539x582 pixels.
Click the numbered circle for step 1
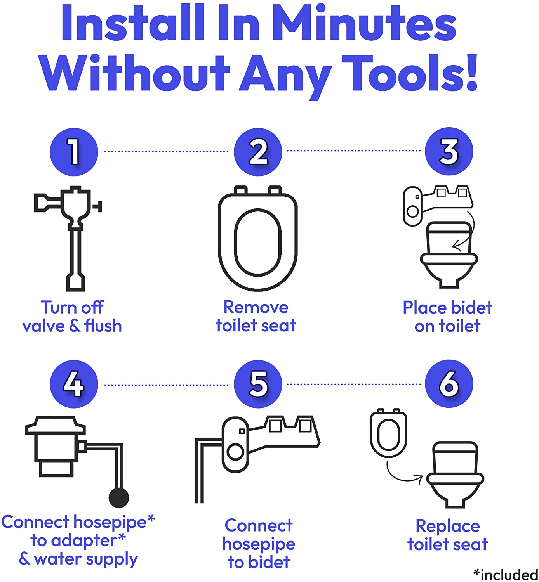point(74,152)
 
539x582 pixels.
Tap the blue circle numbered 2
point(258,152)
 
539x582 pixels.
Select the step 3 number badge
point(449,151)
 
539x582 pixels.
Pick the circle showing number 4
point(74,384)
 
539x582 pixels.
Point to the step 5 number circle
point(258,384)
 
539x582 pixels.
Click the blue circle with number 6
point(449,383)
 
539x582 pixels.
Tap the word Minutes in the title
point(364,23)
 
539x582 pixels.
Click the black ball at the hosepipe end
point(118,497)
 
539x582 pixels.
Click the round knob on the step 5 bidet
point(235,452)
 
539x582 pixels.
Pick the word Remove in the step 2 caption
point(256,307)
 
